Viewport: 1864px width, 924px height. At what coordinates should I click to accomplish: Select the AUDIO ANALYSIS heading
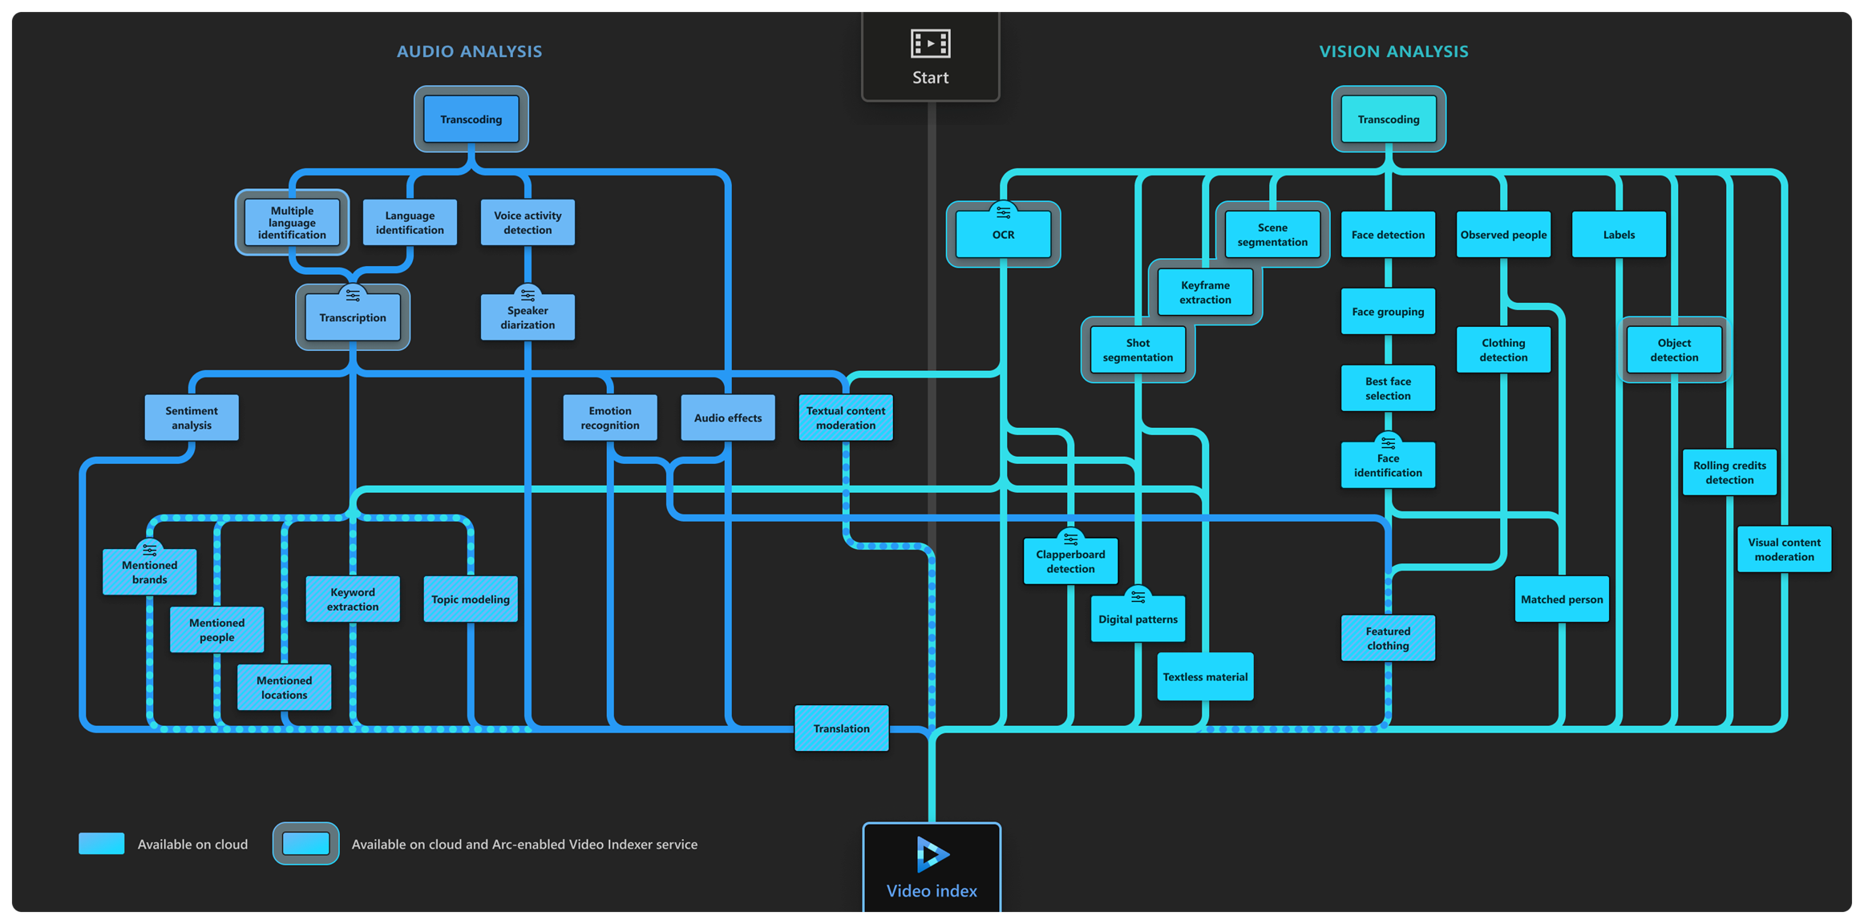pos(469,51)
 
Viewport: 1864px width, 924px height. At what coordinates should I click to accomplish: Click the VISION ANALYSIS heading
pos(1393,51)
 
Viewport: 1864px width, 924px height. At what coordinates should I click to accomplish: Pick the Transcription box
pos(353,318)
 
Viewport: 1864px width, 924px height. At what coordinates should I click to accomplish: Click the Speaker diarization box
pos(528,317)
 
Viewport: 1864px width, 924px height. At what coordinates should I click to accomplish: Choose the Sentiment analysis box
pos(192,418)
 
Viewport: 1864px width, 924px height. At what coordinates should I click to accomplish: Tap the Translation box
pos(841,728)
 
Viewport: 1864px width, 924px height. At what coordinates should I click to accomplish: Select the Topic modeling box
pos(471,599)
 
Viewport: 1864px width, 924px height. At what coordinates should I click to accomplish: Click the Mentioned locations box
pos(284,688)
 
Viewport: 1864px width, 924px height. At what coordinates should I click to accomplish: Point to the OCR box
pos(1003,235)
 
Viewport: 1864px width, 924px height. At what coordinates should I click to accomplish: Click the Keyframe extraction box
pos(1205,293)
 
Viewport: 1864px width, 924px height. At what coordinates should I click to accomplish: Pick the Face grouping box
pos(1388,312)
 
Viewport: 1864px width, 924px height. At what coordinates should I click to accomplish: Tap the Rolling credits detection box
pos(1729,473)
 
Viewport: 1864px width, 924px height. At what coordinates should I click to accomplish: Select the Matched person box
pos(1562,599)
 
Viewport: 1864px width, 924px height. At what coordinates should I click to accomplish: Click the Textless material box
pos(1205,677)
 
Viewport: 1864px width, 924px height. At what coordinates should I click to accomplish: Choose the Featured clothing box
pos(1388,639)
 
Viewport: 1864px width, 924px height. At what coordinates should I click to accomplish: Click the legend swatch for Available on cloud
pos(102,844)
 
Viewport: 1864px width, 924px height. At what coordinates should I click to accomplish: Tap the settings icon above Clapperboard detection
pos(1070,539)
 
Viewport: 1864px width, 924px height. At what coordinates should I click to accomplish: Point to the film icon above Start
pos(930,43)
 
